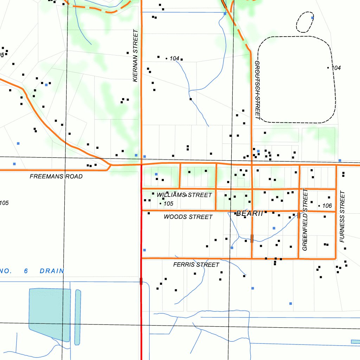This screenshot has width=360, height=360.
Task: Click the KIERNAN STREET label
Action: point(135,56)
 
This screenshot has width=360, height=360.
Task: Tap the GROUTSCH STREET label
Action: point(257,90)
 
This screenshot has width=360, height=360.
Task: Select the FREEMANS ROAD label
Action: point(56,176)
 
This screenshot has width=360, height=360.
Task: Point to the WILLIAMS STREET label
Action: point(184,195)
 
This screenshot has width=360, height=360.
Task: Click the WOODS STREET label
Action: point(188,217)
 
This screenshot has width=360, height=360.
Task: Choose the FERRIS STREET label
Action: point(196,265)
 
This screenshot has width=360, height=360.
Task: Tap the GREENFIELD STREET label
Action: point(305,220)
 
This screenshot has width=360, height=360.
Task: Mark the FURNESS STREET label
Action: point(342,217)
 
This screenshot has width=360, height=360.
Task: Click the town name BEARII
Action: point(250,213)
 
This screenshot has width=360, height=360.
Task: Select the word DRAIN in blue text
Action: point(52,271)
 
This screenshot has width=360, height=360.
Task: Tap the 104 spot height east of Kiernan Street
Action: point(174,59)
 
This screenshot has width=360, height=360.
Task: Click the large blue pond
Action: point(49,313)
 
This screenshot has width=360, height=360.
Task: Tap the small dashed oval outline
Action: point(304,22)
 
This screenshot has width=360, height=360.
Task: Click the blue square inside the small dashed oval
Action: point(312,17)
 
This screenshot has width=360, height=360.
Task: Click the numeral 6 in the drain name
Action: point(26,271)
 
